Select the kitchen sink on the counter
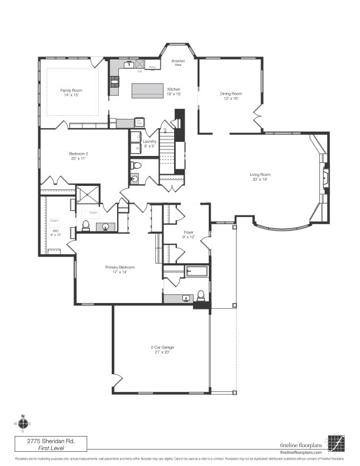point(128,65)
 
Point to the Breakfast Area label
point(178,62)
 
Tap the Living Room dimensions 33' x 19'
point(259,179)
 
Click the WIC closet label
point(55,231)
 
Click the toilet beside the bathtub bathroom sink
point(201,295)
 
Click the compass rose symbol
point(23,422)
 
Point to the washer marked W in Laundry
point(138,148)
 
